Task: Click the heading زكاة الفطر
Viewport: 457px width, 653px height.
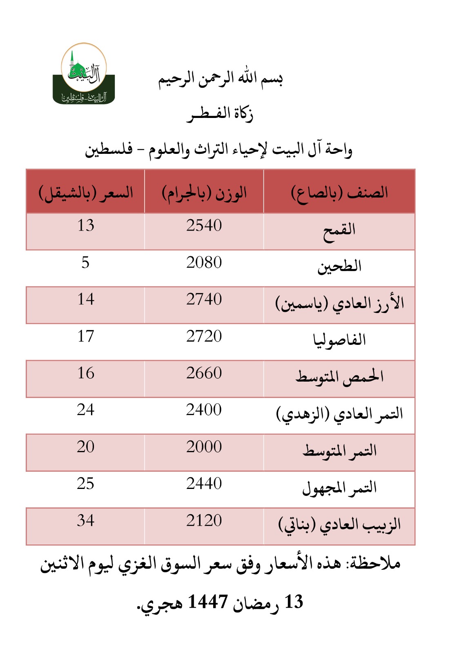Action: pyautogui.click(x=220, y=114)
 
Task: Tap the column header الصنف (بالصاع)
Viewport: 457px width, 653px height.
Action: pyautogui.click(x=339, y=192)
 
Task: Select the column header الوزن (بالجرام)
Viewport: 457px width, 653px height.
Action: pyautogui.click(x=204, y=192)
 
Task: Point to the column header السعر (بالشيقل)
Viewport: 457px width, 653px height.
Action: pyautogui.click(x=86, y=192)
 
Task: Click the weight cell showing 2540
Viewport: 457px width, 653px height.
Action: pyautogui.click(x=204, y=226)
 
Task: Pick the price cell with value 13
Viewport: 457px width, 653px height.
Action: pyautogui.click(x=86, y=226)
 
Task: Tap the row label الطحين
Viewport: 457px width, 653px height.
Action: pyautogui.click(x=339, y=267)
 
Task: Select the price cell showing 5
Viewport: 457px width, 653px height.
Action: pyautogui.click(x=85, y=262)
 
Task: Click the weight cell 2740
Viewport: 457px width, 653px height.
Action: pyautogui.click(x=204, y=300)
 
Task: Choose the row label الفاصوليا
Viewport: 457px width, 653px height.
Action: pyautogui.click(x=339, y=340)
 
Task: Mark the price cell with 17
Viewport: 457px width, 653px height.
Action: pyautogui.click(x=86, y=336)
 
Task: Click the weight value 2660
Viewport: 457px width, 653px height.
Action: pyautogui.click(x=204, y=373)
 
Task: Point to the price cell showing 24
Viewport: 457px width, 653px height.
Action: pyautogui.click(x=86, y=410)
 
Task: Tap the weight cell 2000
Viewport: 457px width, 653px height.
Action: pyautogui.click(x=204, y=447)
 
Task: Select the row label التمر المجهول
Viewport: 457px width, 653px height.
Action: pyautogui.click(x=339, y=488)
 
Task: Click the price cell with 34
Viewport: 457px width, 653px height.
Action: pyautogui.click(x=86, y=521)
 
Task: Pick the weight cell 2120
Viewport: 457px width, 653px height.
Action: pyautogui.click(x=204, y=521)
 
